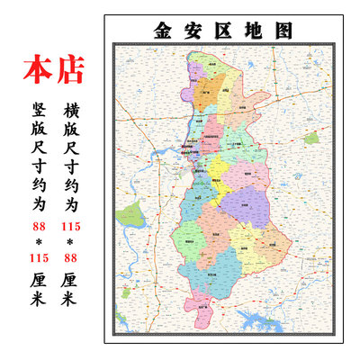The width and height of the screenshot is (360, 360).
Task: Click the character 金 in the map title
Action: [x=165, y=29]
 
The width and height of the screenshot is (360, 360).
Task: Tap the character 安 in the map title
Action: [x=194, y=29]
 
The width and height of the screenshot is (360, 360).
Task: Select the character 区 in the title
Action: [x=224, y=29]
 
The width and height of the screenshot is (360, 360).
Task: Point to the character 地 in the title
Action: [x=254, y=29]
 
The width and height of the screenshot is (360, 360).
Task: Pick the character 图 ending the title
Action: [x=283, y=29]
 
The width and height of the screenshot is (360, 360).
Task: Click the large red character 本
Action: [x=38, y=69]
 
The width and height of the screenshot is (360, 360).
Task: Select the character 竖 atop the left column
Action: [x=38, y=111]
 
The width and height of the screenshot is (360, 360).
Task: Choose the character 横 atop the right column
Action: [x=72, y=111]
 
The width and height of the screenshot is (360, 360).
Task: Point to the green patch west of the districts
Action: [x=133, y=216]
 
